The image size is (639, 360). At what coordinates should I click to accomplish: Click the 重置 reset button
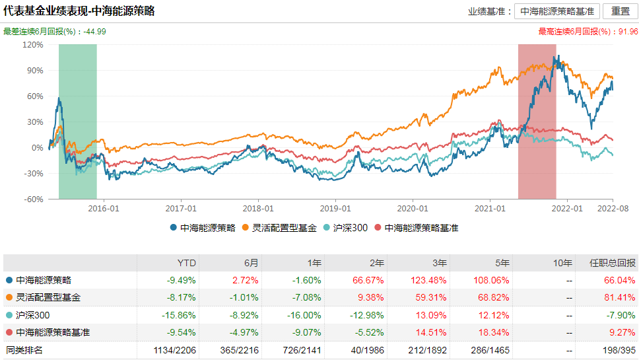pos(620,11)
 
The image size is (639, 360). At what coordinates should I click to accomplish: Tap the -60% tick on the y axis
pos(33,199)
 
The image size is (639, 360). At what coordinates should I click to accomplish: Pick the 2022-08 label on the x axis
pos(613,208)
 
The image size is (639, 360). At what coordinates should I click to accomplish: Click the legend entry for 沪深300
pos(349,228)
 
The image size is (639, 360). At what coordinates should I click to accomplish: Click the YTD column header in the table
pos(187,262)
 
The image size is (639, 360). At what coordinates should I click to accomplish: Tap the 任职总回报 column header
pos(613,262)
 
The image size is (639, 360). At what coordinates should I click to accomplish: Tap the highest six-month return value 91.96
pos(627,32)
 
